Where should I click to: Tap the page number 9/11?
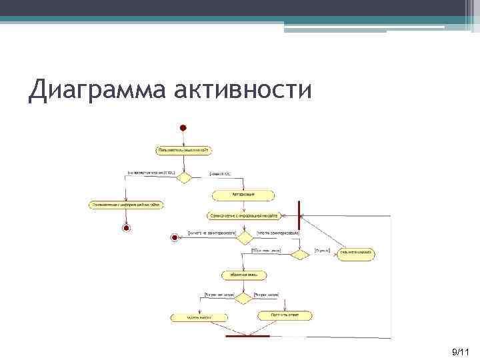(460, 351)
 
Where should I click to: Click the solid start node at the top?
(183, 127)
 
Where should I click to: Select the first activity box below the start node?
(183, 151)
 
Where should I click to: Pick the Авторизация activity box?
(243, 195)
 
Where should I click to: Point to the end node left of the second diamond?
(175, 237)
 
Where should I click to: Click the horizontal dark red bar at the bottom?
(248, 336)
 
